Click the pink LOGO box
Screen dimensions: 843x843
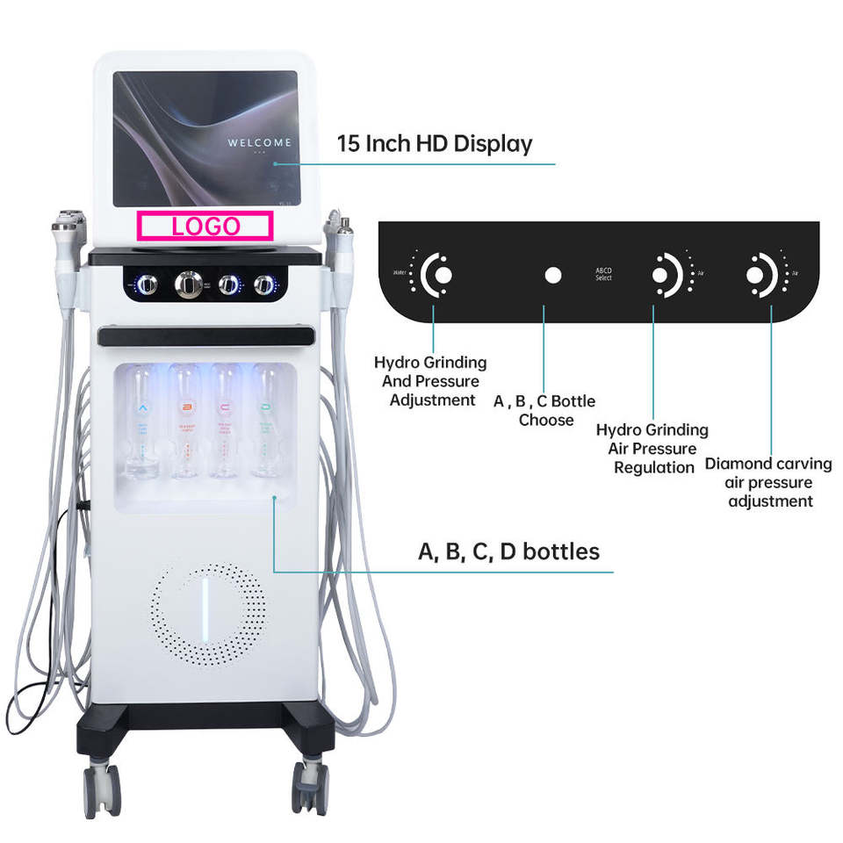point(205,226)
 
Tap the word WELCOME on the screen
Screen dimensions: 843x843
point(259,142)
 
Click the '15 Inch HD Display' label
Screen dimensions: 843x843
point(435,144)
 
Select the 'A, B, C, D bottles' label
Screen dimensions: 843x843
point(508,551)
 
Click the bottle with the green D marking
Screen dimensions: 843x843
point(265,422)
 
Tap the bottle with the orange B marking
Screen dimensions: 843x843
point(185,422)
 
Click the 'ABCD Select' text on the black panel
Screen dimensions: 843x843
point(603,274)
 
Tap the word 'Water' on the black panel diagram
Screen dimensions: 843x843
point(402,272)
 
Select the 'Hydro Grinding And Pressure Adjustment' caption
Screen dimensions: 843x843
point(430,381)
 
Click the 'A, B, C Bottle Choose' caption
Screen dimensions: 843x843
point(544,410)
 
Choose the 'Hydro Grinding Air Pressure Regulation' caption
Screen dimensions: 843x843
point(652,449)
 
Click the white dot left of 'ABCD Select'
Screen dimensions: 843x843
point(552,275)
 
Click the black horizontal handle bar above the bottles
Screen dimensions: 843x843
point(206,336)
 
